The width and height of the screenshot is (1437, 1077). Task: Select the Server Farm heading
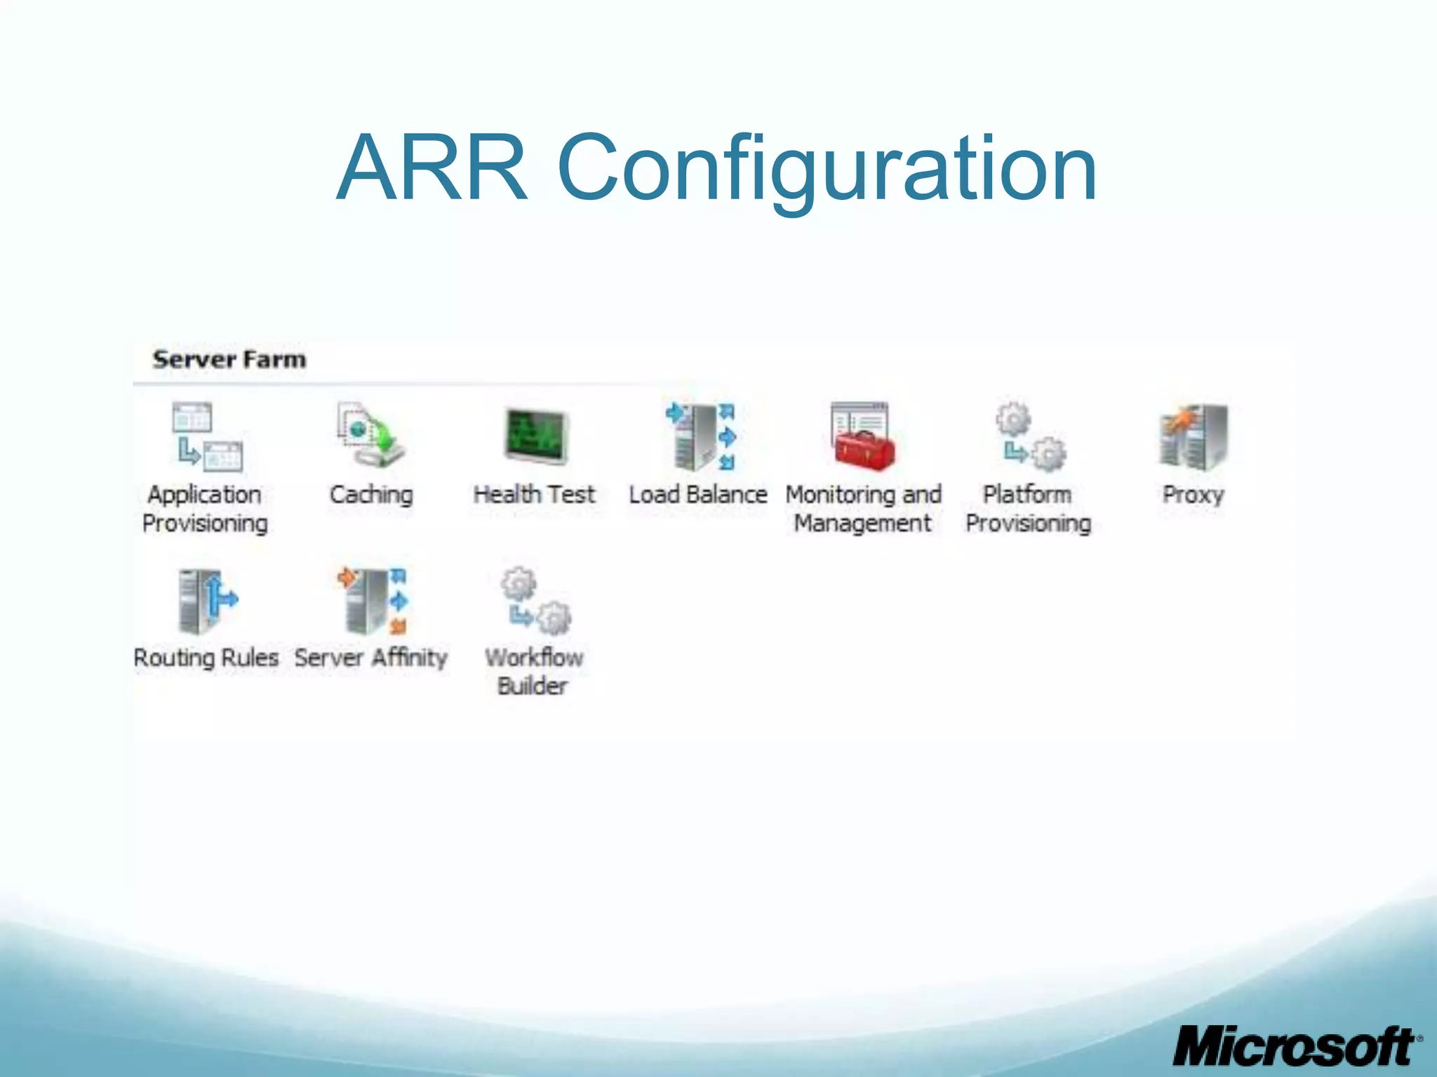click(x=229, y=360)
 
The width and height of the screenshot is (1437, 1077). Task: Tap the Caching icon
click(x=370, y=435)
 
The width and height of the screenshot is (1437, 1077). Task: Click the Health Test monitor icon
click(x=535, y=436)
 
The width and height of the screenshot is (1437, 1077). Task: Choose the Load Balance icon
click(x=700, y=436)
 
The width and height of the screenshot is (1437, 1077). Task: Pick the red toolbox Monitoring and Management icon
click(x=862, y=436)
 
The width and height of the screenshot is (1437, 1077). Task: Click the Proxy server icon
click(x=1193, y=436)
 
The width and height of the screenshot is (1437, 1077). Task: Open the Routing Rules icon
click(x=206, y=600)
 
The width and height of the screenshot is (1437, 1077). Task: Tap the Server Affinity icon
click(x=373, y=600)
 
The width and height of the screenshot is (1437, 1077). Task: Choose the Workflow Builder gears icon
click(x=535, y=600)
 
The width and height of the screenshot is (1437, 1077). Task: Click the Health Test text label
click(x=534, y=495)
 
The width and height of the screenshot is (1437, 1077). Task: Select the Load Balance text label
click(x=698, y=495)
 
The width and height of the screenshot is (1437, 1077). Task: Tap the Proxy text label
click(x=1193, y=495)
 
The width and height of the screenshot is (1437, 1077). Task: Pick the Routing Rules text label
click(x=206, y=658)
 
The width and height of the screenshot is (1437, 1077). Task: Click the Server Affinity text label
click(x=370, y=658)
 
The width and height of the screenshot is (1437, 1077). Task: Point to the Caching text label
click(x=371, y=495)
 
